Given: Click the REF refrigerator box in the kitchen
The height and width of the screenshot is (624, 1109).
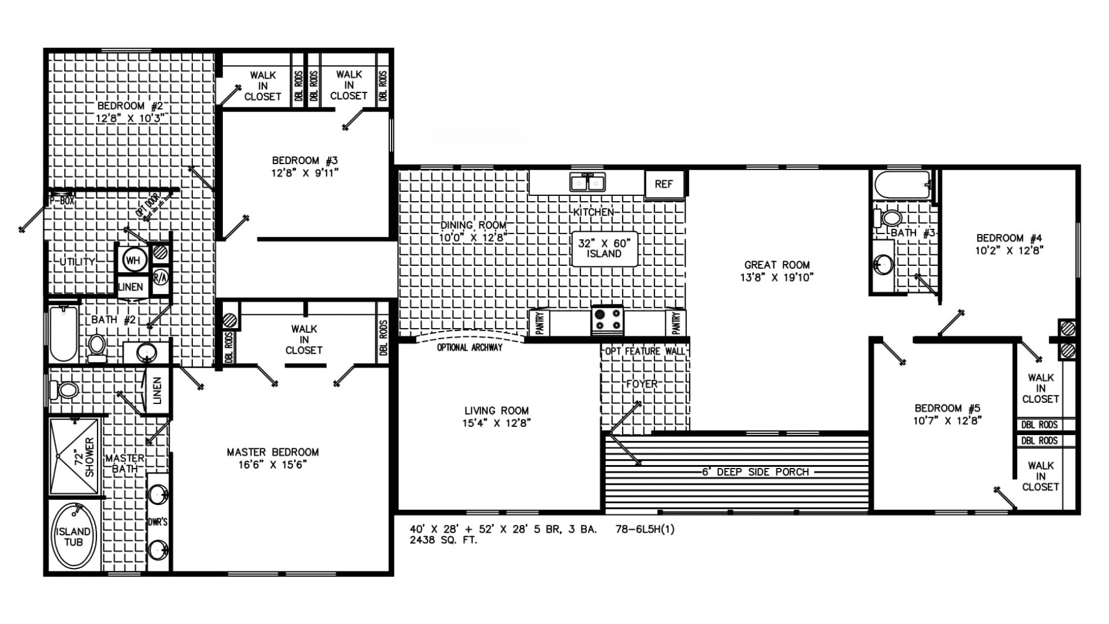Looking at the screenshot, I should coord(664,184).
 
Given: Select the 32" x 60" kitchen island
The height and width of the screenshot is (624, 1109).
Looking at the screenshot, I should coord(604,249).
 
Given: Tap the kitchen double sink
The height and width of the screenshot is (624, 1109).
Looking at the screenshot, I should coord(587,183).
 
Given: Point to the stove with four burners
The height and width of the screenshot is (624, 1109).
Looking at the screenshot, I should coord(607,320).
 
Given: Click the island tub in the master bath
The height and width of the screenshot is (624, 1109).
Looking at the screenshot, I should coord(73,537).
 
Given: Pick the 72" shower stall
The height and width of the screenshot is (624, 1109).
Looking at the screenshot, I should coord(74,456).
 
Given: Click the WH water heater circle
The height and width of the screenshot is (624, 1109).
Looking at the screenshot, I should coord(133,261).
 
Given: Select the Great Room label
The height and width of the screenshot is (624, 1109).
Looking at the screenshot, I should coord(777,265).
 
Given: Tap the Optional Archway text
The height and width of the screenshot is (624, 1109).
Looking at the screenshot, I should coord(469,348).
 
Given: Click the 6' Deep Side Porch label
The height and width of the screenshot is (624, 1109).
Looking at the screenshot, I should coord(756,472).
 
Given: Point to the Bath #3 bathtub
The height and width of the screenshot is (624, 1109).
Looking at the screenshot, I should coord(902,185).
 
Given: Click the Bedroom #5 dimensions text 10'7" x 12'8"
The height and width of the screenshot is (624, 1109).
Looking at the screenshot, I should coord(947,421).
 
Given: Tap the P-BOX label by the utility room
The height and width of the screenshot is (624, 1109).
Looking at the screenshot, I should coord(62,201).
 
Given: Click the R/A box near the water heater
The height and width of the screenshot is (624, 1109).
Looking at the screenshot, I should coord(160,277).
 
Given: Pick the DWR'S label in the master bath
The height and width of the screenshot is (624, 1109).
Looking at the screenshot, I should coord(157,522).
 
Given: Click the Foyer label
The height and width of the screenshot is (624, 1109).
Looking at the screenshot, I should coord(641,384).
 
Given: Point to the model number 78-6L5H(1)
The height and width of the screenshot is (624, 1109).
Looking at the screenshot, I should coord(645,529).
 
